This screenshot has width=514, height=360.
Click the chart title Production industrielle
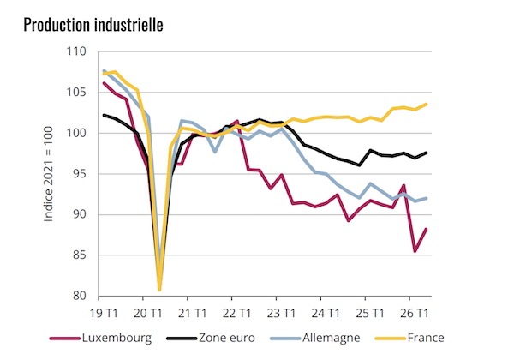(x=93, y=25)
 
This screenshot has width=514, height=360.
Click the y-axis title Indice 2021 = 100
(x=49, y=174)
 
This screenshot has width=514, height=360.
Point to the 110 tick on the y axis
(x=76, y=51)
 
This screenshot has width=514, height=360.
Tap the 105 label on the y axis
(x=76, y=92)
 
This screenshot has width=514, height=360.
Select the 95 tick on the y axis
(x=80, y=174)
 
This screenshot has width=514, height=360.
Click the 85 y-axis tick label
(x=80, y=255)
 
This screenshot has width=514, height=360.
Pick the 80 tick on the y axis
(x=80, y=296)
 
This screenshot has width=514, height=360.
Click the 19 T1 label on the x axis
(x=104, y=314)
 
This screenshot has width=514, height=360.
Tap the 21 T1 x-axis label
(x=193, y=314)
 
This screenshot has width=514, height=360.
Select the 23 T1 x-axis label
(x=281, y=314)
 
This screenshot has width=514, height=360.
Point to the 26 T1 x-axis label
(x=415, y=314)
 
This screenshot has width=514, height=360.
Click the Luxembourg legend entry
(x=101, y=338)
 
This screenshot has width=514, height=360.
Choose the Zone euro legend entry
(x=211, y=338)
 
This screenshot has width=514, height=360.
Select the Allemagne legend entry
(x=315, y=338)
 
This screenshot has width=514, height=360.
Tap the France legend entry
(x=409, y=338)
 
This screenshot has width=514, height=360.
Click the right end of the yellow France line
(x=426, y=105)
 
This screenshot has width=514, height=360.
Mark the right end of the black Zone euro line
(x=426, y=153)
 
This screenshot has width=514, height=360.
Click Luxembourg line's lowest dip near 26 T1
(x=415, y=251)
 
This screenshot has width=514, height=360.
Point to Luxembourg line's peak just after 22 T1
(x=237, y=121)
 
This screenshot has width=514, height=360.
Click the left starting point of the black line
(x=104, y=115)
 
